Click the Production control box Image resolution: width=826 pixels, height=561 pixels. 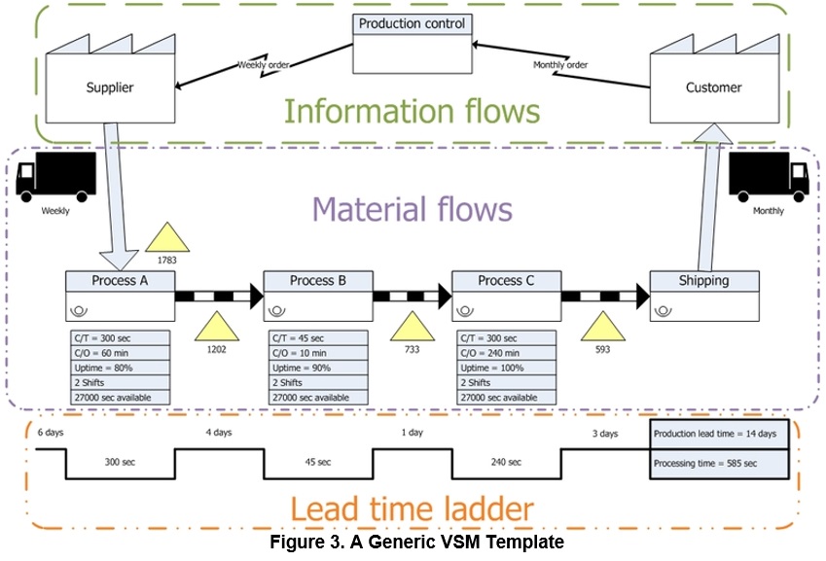coord(411,44)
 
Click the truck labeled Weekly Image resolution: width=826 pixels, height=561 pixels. coord(54,177)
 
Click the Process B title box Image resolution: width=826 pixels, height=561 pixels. coord(318,281)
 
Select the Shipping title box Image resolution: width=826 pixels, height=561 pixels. coord(703,281)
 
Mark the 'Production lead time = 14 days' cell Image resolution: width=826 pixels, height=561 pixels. coord(718,433)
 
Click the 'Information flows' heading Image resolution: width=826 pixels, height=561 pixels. coord(411,111)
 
